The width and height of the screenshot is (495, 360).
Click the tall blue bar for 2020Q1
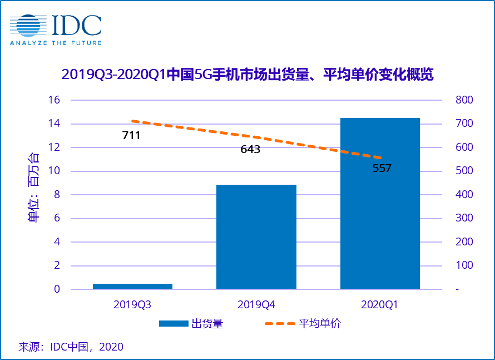(380, 203)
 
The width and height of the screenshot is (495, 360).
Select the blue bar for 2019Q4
(256, 236)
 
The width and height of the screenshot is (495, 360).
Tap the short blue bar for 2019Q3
(132, 286)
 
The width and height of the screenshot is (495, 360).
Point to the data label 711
(131, 135)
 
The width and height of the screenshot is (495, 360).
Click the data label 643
(250, 149)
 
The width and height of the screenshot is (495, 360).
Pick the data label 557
(382, 168)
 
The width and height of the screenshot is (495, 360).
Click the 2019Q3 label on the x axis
(132, 304)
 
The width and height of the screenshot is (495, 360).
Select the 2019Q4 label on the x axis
(256, 304)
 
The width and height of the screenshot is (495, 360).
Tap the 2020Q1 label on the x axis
(380, 304)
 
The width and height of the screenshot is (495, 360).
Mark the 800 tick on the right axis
(464, 100)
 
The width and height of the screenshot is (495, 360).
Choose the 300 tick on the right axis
(464, 218)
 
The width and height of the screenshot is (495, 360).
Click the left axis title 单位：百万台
(34, 187)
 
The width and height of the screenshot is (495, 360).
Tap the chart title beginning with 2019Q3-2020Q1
(247, 75)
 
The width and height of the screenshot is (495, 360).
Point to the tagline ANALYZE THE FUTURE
(56, 42)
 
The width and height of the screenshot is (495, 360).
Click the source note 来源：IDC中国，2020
(71, 347)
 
